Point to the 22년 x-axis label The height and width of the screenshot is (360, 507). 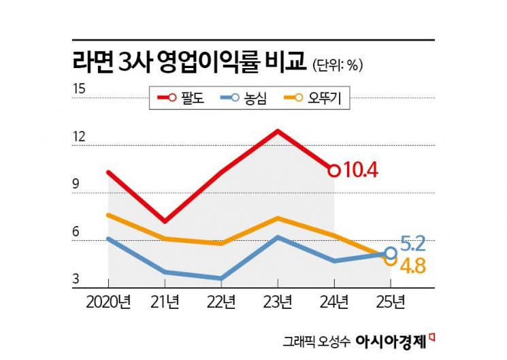tap(220, 301)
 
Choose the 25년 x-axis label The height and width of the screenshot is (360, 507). tap(390, 301)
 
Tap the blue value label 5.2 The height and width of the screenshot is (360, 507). tap(412, 243)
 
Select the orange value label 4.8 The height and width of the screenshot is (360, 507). tap(412, 265)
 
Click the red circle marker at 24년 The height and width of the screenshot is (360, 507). tap(333, 170)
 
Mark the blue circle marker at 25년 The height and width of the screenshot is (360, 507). tap(390, 253)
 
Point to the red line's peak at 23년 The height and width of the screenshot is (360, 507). tap(277, 130)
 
